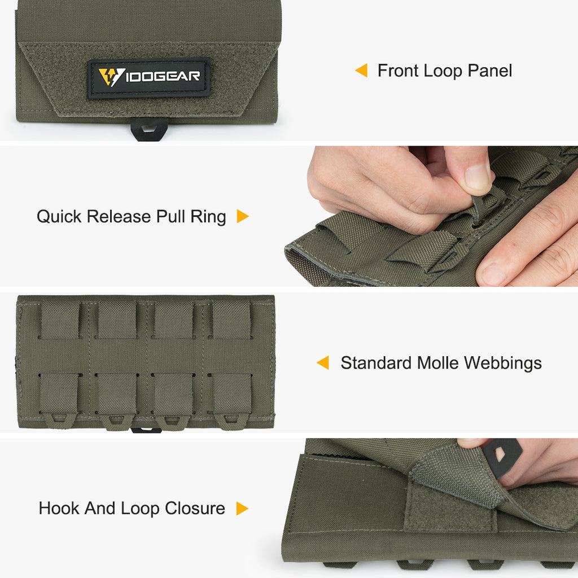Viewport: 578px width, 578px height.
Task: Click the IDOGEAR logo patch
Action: click(149, 78)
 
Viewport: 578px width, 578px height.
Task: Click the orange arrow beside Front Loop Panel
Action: click(361, 71)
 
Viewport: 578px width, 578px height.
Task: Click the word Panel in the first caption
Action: click(489, 71)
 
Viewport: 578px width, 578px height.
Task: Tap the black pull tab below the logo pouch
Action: click(149, 129)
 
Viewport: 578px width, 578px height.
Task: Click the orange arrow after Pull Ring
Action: click(243, 216)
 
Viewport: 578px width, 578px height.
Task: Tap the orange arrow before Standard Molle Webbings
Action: click(323, 362)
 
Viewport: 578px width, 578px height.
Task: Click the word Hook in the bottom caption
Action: click(59, 509)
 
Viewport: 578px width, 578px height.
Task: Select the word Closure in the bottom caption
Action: click(195, 509)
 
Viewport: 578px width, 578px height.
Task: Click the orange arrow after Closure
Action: click(242, 509)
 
